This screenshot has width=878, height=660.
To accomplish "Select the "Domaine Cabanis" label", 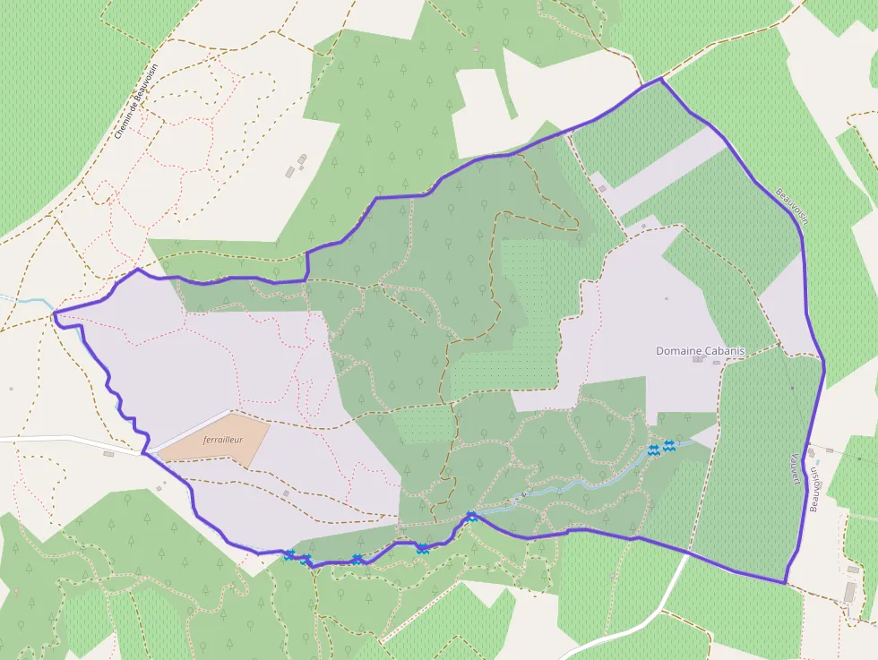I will [x=700, y=351].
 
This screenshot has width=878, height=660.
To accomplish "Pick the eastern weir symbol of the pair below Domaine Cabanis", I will [x=669, y=446].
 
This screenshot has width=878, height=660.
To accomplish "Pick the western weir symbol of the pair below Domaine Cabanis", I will [x=654, y=450].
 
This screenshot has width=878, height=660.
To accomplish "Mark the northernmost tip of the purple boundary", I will [x=661, y=79].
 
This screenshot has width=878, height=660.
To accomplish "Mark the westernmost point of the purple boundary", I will [x=55, y=313].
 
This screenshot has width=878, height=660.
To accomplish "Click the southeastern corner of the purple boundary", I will [x=785, y=583].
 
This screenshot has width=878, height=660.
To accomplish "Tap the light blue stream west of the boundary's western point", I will [x=22, y=300].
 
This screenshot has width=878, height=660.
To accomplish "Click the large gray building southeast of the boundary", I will [x=849, y=592].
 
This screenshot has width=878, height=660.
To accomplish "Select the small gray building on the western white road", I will [x=108, y=453].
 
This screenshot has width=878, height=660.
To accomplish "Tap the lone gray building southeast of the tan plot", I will [x=285, y=493].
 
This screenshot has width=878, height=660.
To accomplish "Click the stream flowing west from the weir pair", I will [x=582, y=484].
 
